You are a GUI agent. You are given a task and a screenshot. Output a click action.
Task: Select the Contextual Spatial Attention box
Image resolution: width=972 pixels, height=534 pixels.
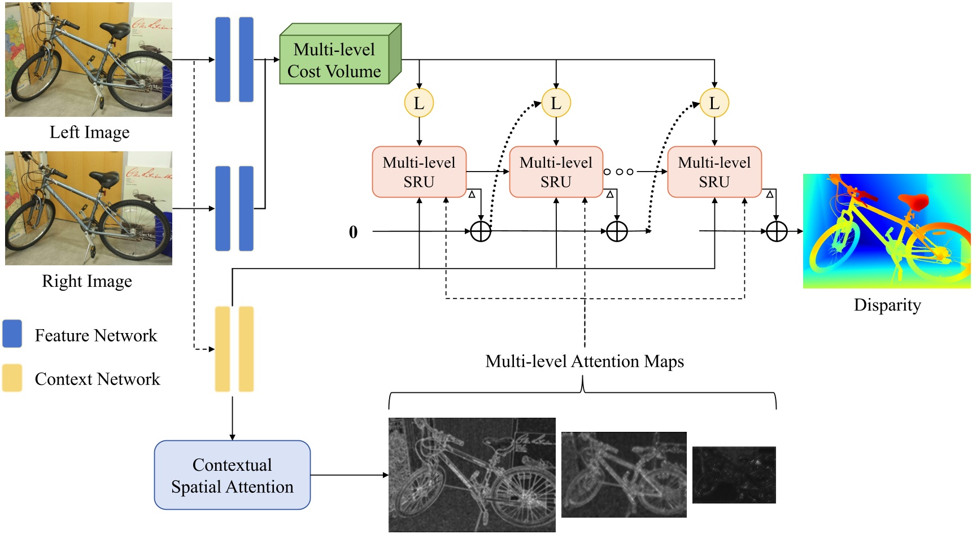pyautogui.click(x=232, y=475)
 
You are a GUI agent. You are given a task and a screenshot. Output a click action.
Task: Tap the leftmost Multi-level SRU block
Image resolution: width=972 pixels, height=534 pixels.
pyautogui.click(x=419, y=172)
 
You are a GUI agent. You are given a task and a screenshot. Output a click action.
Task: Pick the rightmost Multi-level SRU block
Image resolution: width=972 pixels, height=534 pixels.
pyautogui.click(x=714, y=172)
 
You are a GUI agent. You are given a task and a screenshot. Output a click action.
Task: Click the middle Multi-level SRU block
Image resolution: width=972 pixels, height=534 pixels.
pyautogui.click(x=556, y=172)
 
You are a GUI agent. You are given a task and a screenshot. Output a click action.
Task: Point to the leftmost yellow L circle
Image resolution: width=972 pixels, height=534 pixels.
pyautogui.click(x=419, y=103)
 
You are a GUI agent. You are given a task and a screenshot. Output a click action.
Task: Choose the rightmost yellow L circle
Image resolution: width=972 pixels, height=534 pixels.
pyautogui.click(x=714, y=103)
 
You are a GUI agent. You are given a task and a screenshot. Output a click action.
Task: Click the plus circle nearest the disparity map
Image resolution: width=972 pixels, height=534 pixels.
pyautogui.click(x=777, y=231)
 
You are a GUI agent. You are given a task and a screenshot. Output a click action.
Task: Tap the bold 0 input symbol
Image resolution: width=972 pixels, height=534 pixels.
pyautogui.click(x=353, y=232)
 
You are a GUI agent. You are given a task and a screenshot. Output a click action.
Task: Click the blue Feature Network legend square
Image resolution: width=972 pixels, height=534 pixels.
pyautogui.click(x=12, y=334)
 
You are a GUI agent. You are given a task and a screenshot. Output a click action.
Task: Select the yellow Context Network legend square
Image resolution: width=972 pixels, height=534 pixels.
pyautogui.click(x=12, y=378)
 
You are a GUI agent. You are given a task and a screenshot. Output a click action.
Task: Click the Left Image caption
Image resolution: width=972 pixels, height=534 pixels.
pyautogui.click(x=89, y=132)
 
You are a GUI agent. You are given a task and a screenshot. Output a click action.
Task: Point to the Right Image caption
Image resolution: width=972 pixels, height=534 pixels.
pyautogui.click(x=87, y=281)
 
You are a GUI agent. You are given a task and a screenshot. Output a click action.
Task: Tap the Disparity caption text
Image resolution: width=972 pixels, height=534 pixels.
pyautogui.click(x=887, y=305)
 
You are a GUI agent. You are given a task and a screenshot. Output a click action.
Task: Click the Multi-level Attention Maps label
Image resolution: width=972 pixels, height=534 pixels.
pyautogui.click(x=585, y=361)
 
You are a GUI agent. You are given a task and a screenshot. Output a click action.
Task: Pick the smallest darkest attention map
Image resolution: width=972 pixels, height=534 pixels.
pyautogui.click(x=734, y=475)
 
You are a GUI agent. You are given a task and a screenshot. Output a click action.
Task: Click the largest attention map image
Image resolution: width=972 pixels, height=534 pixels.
pyautogui.click(x=472, y=475)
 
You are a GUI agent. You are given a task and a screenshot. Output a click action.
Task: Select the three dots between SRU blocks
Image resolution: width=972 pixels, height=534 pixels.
pyautogui.click(x=618, y=172)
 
